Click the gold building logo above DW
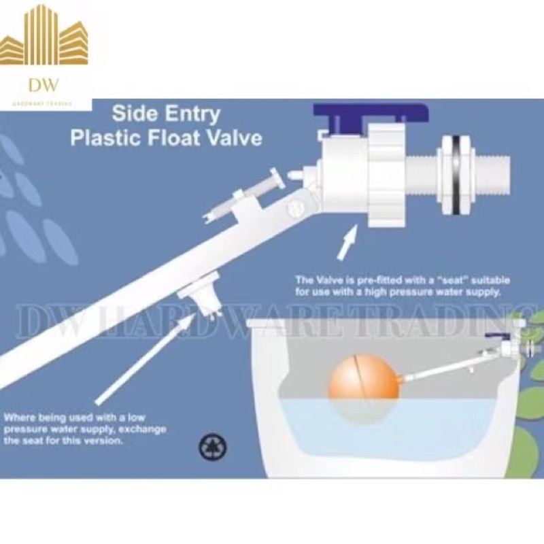(44, 37)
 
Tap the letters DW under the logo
(44, 85)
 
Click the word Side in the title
(133, 112)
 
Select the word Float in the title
(179, 137)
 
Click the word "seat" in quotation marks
(444, 280)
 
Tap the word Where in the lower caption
(20, 417)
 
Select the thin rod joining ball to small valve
(435, 370)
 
